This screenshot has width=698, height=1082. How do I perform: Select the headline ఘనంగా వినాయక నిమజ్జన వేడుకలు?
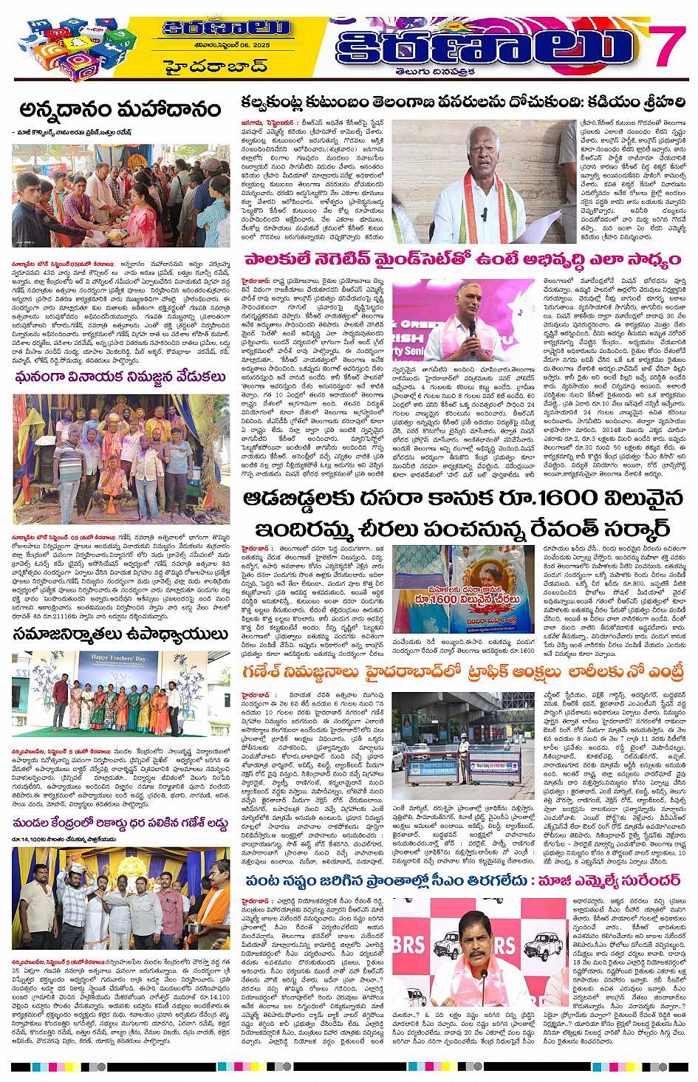[120, 377]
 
